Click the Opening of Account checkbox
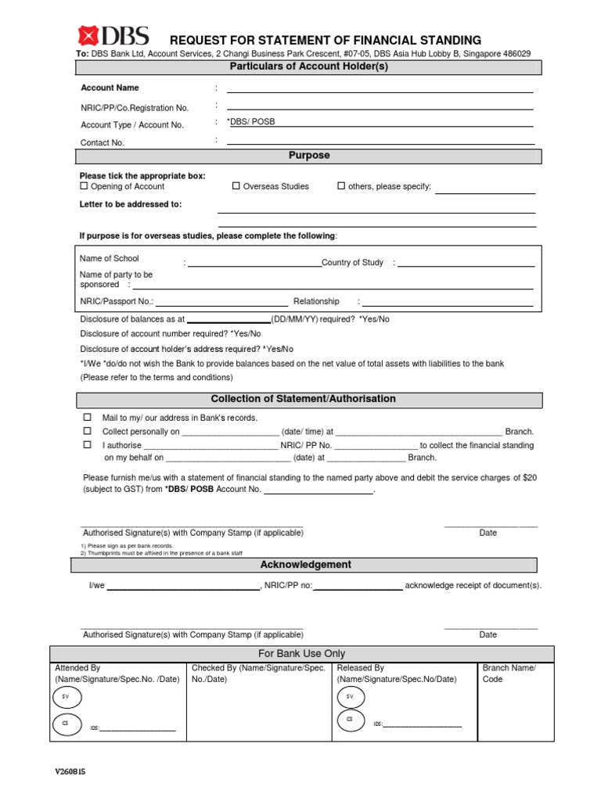pyautogui.click(x=85, y=186)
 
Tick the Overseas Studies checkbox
pyautogui.click(x=236, y=186)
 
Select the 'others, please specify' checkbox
pyautogui.click(x=341, y=186)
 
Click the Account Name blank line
pyautogui.click(x=380, y=91)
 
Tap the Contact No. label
pyautogui.click(x=103, y=143)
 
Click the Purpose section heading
pyautogui.click(x=309, y=156)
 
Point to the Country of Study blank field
pyautogui.click(x=466, y=266)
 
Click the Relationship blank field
pyautogui.click(x=448, y=304)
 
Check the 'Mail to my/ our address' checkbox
pyautogui.click(x=88, y=418)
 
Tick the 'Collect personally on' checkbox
pyautogui.click(x=88, y=431)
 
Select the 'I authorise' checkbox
pyautogui.click(x=88, y=444)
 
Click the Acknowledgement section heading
pyautogui.click(x=305, y=565)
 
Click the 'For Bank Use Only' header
pyautogui.click(x=301, y=654)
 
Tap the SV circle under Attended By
pyautogui.click(x=66, y=696)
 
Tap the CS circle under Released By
pyautogui.click(x=351, y=719)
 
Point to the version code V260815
pyautogui.click(x=70, y=771)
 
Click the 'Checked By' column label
pyautogui.click(x=258, y=673)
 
